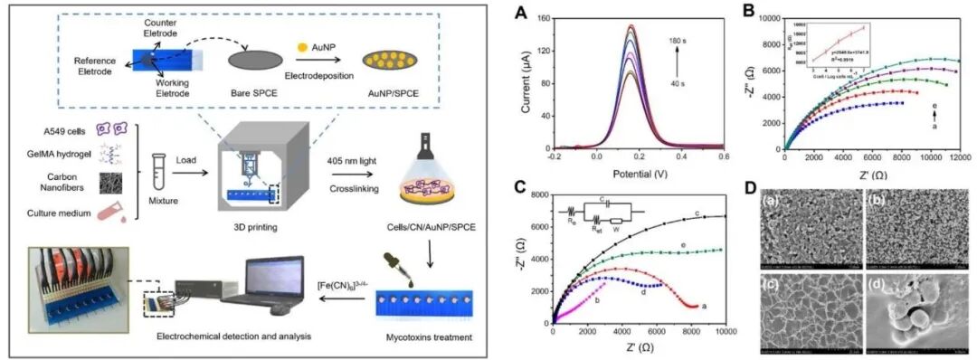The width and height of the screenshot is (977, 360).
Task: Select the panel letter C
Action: pyautogui.click(x=519, y=187)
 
